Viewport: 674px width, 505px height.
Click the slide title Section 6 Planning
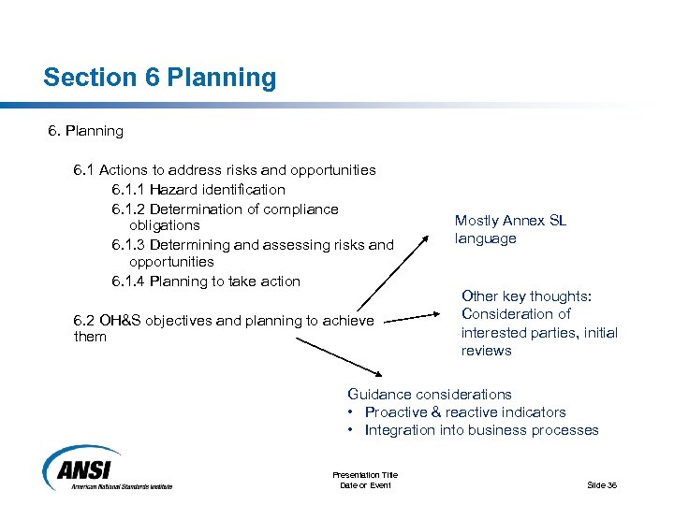pyautogui.click(x=160, y=78)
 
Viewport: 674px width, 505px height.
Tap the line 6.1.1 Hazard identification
pyautogui.click(x=198, y=190)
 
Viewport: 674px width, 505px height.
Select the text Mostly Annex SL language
pyautogui.click(x=510, y=229)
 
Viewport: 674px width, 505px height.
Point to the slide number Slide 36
pyautogui.click(x=602, y=484)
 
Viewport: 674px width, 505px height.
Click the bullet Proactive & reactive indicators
pyautogui.click(x=464, y=412)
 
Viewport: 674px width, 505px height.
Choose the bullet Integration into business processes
pyautogui.click(x=481, y=430)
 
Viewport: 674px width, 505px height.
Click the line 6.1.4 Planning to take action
pyautogui.click(x=206, y=281)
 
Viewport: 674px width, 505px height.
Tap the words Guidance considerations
pyautogui.click(x=429, y=394)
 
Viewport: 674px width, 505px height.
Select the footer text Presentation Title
pyautogui.click(x=365, y=475)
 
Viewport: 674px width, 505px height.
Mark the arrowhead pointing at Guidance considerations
pyautogui.click(x=379, y=375)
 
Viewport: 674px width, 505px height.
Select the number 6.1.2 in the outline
pyautogui.click(x=128, y=209)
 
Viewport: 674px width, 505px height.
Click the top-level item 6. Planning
pyautogui.click(x=85, y=131)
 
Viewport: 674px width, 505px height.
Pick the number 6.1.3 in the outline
pyautogui.click(x=128, y=245)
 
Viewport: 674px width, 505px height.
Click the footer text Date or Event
pyautogui.click(x=365, y=484)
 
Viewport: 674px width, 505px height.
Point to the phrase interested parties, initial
pyautogui.click(x=539, y=332)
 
